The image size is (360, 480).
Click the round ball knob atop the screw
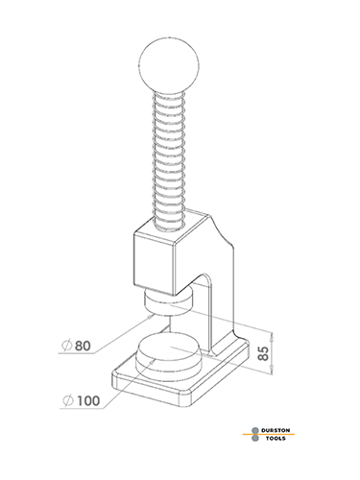point(169,65)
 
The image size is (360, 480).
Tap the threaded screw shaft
point(169,160)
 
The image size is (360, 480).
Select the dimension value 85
point(263,353)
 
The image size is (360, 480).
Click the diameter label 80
point(83,346)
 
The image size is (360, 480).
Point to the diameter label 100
point(88,400)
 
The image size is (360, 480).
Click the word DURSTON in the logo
point(276,430)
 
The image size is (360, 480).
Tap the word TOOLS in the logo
point(276,438)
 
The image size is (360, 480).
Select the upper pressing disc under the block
point(169,302)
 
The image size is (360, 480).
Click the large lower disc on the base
point(169,357)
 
